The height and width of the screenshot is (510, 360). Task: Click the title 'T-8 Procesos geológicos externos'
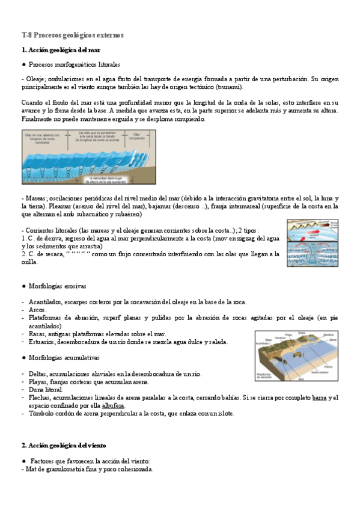(x=72, y=35)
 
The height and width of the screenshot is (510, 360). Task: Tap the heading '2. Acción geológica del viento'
(x=63, y=446)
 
